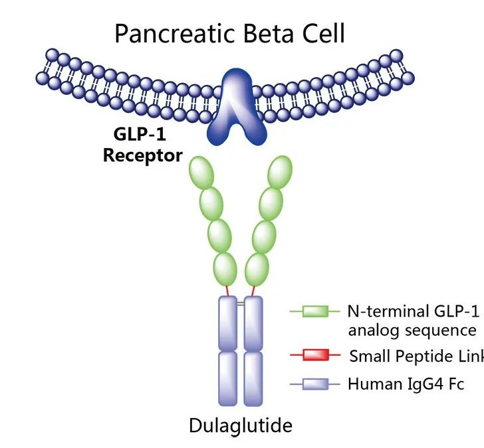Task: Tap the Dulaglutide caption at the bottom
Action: (241, 425)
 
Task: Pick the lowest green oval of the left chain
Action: (224, 267)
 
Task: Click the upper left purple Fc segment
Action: (229, 323)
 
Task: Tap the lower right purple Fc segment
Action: (253, 378)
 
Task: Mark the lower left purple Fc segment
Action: (229, 378)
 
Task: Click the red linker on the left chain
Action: (227, 291)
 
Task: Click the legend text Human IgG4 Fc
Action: (405, 384)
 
